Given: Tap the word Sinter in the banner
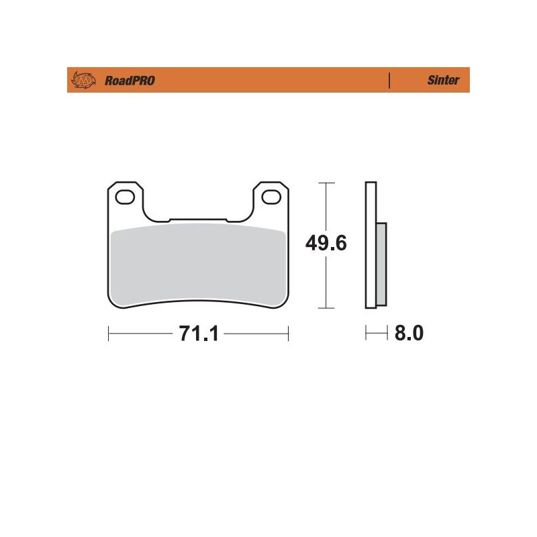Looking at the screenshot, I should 443,81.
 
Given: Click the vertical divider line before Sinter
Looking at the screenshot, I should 389,81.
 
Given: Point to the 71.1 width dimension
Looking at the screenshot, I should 199,334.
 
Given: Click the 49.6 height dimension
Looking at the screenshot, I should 326,243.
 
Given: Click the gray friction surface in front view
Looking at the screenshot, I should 198,265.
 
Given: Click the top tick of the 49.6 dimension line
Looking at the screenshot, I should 326,182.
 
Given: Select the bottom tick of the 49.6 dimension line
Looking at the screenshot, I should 326,309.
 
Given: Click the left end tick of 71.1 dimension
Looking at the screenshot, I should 109,334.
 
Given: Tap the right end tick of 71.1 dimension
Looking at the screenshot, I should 288,334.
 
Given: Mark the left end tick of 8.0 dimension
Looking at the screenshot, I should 366,334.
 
